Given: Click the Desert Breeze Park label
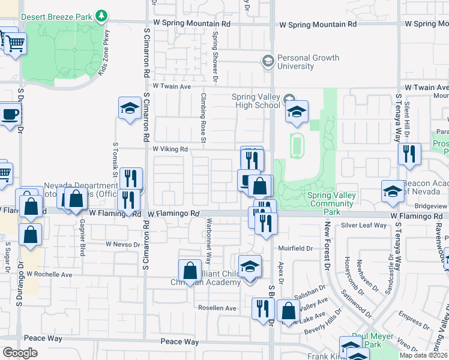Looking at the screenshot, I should [59, 16].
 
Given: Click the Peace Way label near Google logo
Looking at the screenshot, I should [43, 338].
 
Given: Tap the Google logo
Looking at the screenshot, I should [20, 353].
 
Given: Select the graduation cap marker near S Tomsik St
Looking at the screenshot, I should [129, 109].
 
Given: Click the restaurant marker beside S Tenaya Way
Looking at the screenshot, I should [409, 154].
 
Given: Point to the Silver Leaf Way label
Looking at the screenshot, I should [364, 225].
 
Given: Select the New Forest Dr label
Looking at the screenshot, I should [328, 246].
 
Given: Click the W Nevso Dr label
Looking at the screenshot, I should [122, 244].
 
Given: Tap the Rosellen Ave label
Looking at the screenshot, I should [217, 308].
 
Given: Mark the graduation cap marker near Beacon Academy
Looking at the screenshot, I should [393, 191].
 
